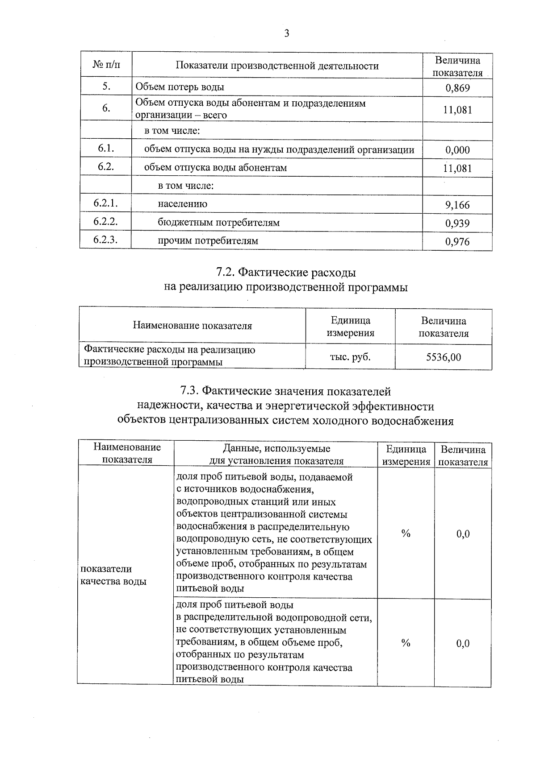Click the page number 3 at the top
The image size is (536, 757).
point(286,33)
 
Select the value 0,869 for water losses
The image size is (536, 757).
point(457,88)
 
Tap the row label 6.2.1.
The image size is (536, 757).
point(105,203)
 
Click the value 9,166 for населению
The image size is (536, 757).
point(457,205)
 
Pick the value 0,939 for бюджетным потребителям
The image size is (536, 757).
point(457,223)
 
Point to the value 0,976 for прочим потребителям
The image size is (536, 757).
point(457,242)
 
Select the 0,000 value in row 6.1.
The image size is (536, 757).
point(457,150)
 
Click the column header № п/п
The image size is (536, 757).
point(106,65)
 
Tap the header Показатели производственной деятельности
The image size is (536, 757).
point(277,66)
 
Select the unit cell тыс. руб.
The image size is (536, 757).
point(350,357)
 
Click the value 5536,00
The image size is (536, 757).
point(444,357)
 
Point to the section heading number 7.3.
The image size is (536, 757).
point(190,391)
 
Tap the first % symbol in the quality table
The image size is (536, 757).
point(406,533)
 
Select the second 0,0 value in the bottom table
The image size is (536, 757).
point(463,643)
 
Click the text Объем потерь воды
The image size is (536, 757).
point(180,87)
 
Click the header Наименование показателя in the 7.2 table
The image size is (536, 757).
point(192,326)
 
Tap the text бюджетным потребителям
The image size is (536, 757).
point(218,222)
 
